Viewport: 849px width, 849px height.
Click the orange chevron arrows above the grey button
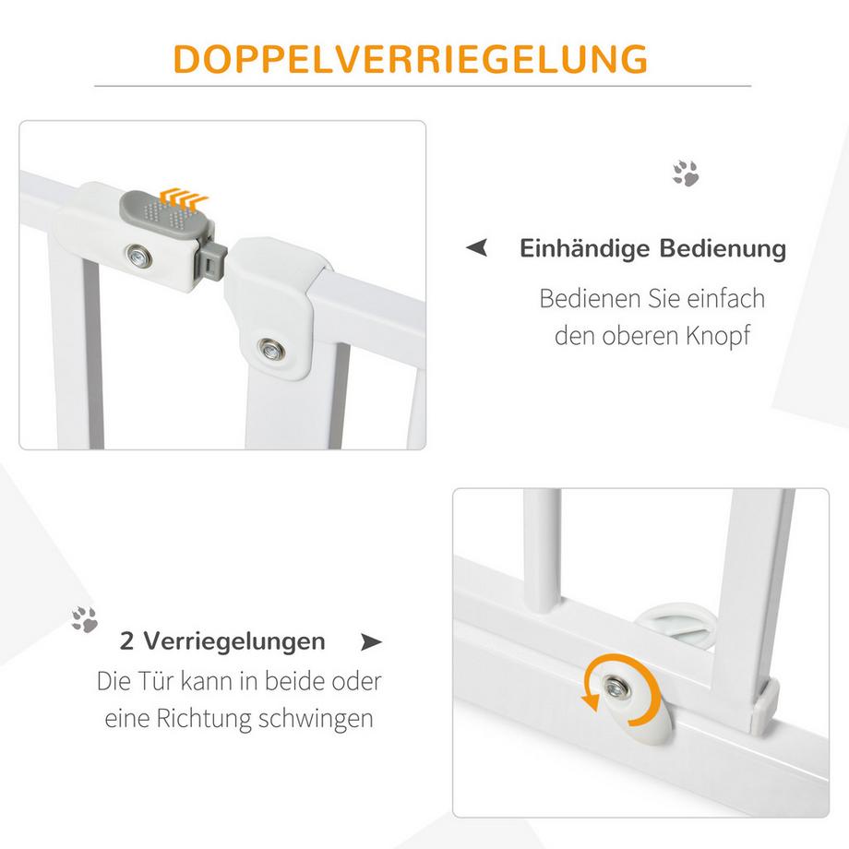[184, 197]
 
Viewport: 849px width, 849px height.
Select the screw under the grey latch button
[139, 254]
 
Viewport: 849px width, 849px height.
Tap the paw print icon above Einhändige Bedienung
[685, 173]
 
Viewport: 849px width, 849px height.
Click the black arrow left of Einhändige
[476, 248]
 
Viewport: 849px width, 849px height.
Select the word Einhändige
[587, 249]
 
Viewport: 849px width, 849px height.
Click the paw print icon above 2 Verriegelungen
[85, 619]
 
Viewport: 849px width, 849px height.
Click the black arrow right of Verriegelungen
[371, 640]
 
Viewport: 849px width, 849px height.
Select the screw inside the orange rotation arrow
[612, 686]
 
